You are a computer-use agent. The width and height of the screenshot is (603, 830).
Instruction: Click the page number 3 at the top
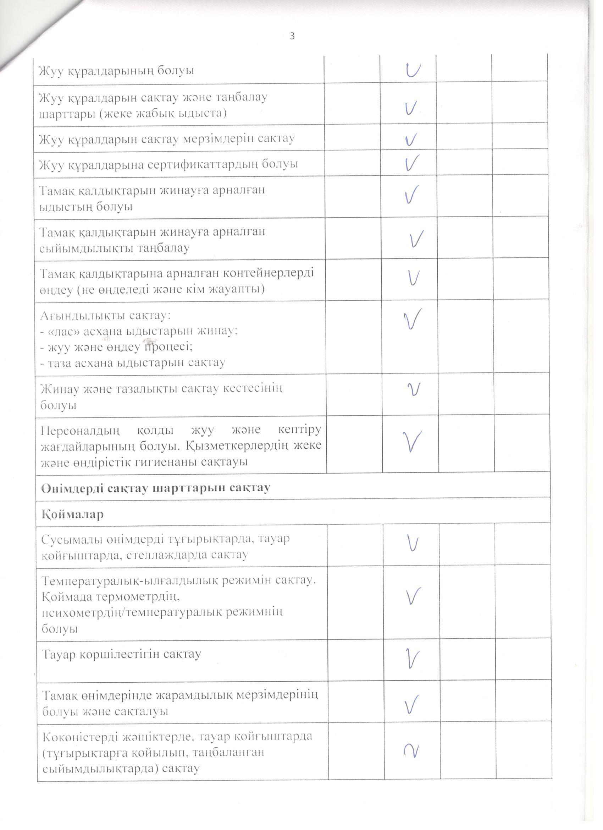pos(292,36)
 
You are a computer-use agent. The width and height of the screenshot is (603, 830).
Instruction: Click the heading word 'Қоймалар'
pos(73,514)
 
